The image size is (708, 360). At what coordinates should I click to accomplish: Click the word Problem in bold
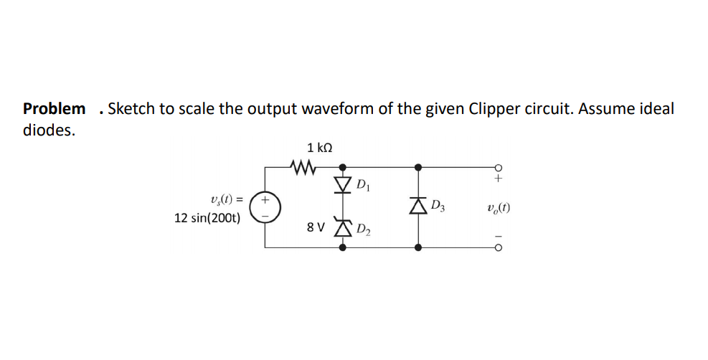click(54, 109)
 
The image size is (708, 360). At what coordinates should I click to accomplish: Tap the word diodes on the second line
click(48, 131)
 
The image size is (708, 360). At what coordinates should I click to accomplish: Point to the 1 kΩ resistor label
click(319, 148)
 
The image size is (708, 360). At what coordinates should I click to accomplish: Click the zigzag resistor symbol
click(303, 168)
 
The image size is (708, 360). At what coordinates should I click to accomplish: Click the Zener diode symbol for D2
click(343, 227)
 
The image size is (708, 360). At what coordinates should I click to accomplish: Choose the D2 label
click(364, 229)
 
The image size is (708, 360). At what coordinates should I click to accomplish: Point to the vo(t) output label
click(498, 209)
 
